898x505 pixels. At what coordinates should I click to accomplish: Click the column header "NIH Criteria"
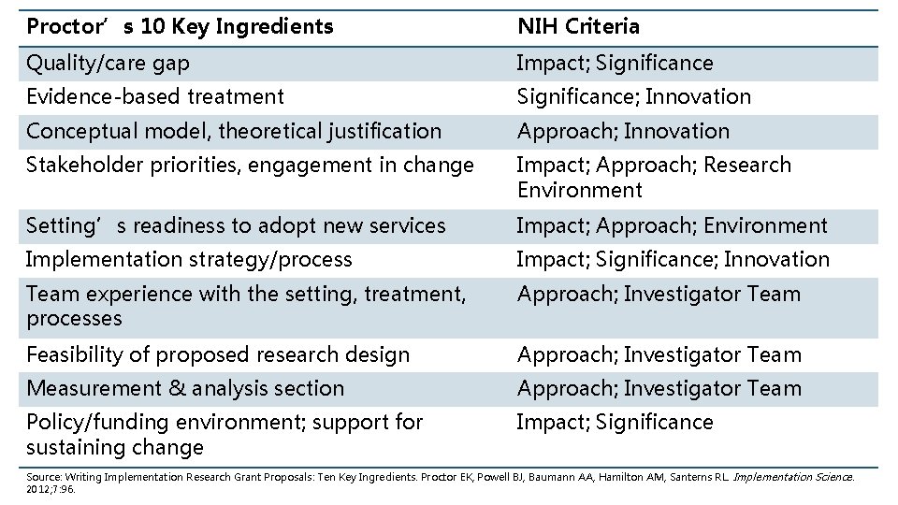pos(578,27)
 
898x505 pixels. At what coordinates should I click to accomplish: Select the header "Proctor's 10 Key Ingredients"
pos(180,27)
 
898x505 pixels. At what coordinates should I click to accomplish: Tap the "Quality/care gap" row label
pos(108,64)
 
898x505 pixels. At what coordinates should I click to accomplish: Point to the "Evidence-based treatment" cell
pos(154,96)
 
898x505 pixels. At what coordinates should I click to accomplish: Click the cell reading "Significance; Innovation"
pos(633,96)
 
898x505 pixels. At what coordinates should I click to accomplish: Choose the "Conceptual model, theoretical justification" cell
pos(233,131)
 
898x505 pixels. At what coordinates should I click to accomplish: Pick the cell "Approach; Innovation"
pos(622,131)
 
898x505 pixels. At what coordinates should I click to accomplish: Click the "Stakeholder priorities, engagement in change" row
pos(250,166)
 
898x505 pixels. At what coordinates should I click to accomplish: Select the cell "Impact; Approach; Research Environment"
pos(653,178)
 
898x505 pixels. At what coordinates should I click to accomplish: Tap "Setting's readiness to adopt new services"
pos(236,225)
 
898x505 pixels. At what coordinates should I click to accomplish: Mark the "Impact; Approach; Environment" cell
pos(672,225)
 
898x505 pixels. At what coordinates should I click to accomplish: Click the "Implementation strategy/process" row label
pos(189,259)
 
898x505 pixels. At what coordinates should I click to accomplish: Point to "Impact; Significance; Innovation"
pos(673,259)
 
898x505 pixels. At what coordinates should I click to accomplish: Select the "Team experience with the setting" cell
pos(245,306)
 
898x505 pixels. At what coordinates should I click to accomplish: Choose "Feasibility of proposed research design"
pos(218,354)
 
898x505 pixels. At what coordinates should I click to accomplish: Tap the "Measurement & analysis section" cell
pos(185,388)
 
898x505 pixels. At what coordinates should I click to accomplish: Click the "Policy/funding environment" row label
pos(224,434)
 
